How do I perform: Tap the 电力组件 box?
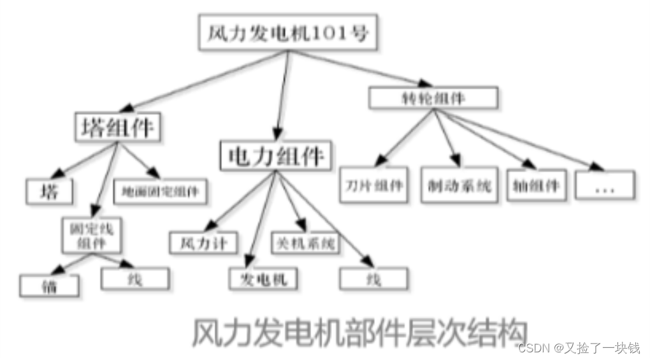pyautogui.click(x=275, y=154)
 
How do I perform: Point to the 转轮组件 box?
pyautogui.click(x=433, y=97)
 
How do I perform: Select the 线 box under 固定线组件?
pyautogui.click(x=135, y=278)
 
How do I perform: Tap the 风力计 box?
pyautogui.click(x=195, y=242)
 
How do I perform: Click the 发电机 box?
pyautogui.click(x=264, y=278)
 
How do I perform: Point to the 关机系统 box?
pyautogui.click(x=306, y=242)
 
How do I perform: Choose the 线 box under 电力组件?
pyautogui.click(x=373, y=278)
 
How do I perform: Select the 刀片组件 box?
pyautogui.click(x=374, y=185)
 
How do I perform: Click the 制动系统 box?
pyautogui.click(x=457, y=185)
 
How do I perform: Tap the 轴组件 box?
pyautogui.click(x=535, y=185)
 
